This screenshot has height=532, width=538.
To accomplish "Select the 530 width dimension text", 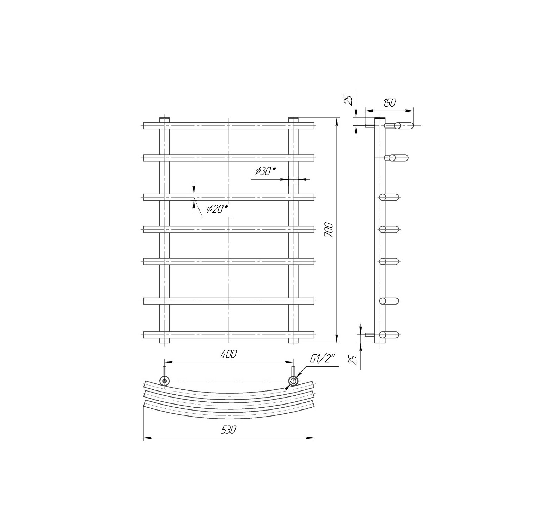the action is (229, 430).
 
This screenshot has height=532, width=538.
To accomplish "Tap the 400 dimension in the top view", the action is (228, 354).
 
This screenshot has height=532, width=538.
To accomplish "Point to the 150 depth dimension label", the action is (389, 103).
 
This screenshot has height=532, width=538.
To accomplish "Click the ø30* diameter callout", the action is (265, 171).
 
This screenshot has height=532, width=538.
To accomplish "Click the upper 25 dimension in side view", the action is (349, 100).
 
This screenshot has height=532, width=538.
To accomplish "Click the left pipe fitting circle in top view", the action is (164, 381).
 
